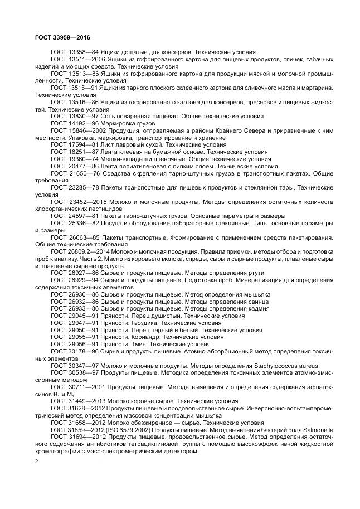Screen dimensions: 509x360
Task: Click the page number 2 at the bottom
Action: tap(36, 462)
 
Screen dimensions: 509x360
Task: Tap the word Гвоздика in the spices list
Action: tap(143, 322)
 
